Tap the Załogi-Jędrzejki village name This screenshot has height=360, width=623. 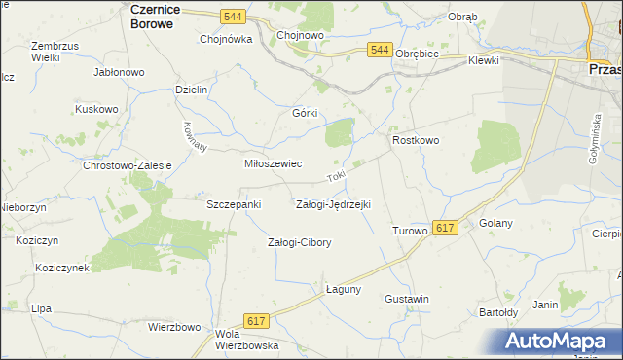point(333,205)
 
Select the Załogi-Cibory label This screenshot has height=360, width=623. point(299,242)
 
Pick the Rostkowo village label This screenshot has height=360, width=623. point(416,140)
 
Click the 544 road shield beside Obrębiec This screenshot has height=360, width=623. point(381,51)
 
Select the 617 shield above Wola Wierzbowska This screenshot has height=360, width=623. point(257,321)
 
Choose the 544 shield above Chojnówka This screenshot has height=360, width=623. point(232,17)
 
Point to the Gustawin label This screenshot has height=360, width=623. point(407,299)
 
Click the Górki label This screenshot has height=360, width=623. point(306,113)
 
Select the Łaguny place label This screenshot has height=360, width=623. point(344,289)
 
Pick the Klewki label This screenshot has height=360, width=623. point(483,60)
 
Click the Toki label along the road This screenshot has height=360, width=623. point(337,178)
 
